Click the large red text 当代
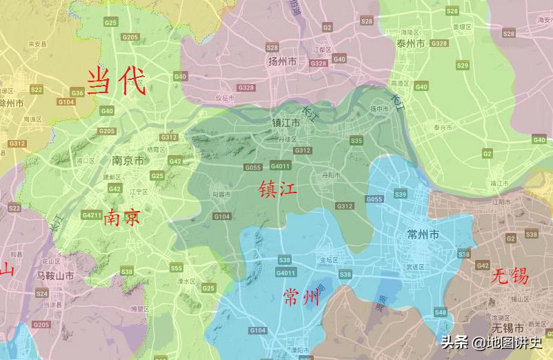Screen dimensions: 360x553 116,81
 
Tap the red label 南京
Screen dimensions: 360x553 122,218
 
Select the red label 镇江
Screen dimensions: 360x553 278,188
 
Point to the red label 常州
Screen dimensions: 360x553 302,297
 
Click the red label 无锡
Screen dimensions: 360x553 510,277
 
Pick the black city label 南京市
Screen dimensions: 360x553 128,161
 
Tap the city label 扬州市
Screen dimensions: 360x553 282,62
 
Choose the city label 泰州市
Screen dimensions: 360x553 410,43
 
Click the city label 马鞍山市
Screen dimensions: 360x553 55,276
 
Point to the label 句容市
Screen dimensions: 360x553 221,195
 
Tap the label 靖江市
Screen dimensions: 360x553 499,183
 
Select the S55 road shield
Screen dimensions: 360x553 177,268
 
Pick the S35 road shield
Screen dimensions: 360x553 356,141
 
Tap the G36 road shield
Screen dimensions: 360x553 77,92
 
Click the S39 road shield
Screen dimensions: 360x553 401,194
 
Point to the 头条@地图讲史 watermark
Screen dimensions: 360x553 492,341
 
